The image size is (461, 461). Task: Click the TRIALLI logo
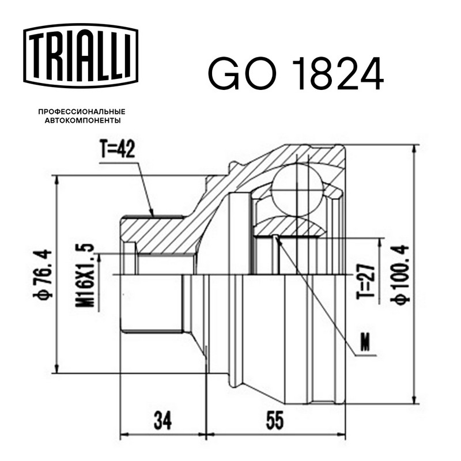(x=81, y=56)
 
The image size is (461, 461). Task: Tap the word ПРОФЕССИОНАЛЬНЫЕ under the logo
(x=82, y=112)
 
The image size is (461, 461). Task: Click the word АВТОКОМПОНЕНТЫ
(x=82, y=120)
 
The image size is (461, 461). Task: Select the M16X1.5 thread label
(x=85, y=275)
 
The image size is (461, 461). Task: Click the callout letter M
(x=365, y=343)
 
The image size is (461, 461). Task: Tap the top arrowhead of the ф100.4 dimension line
(x=414, y=149)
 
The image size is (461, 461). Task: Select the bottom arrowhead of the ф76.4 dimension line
(x=57, y=369)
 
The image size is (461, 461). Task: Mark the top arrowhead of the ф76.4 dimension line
(x=57, y=180)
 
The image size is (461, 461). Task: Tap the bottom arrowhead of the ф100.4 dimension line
(x=414, y=399)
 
